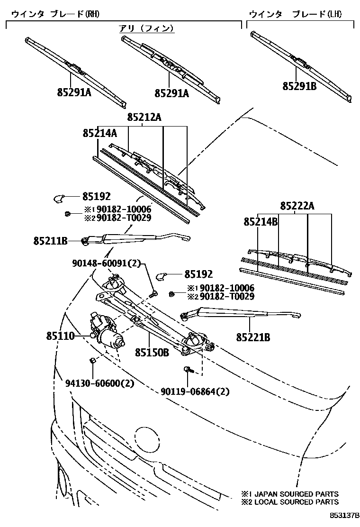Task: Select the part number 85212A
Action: pos(144,117)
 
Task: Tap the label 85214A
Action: pos(99,134)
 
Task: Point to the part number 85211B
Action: pos(50,241)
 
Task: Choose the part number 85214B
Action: pos(261,221)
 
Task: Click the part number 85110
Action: pos(60,336)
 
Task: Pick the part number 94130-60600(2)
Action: pos(99,382)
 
